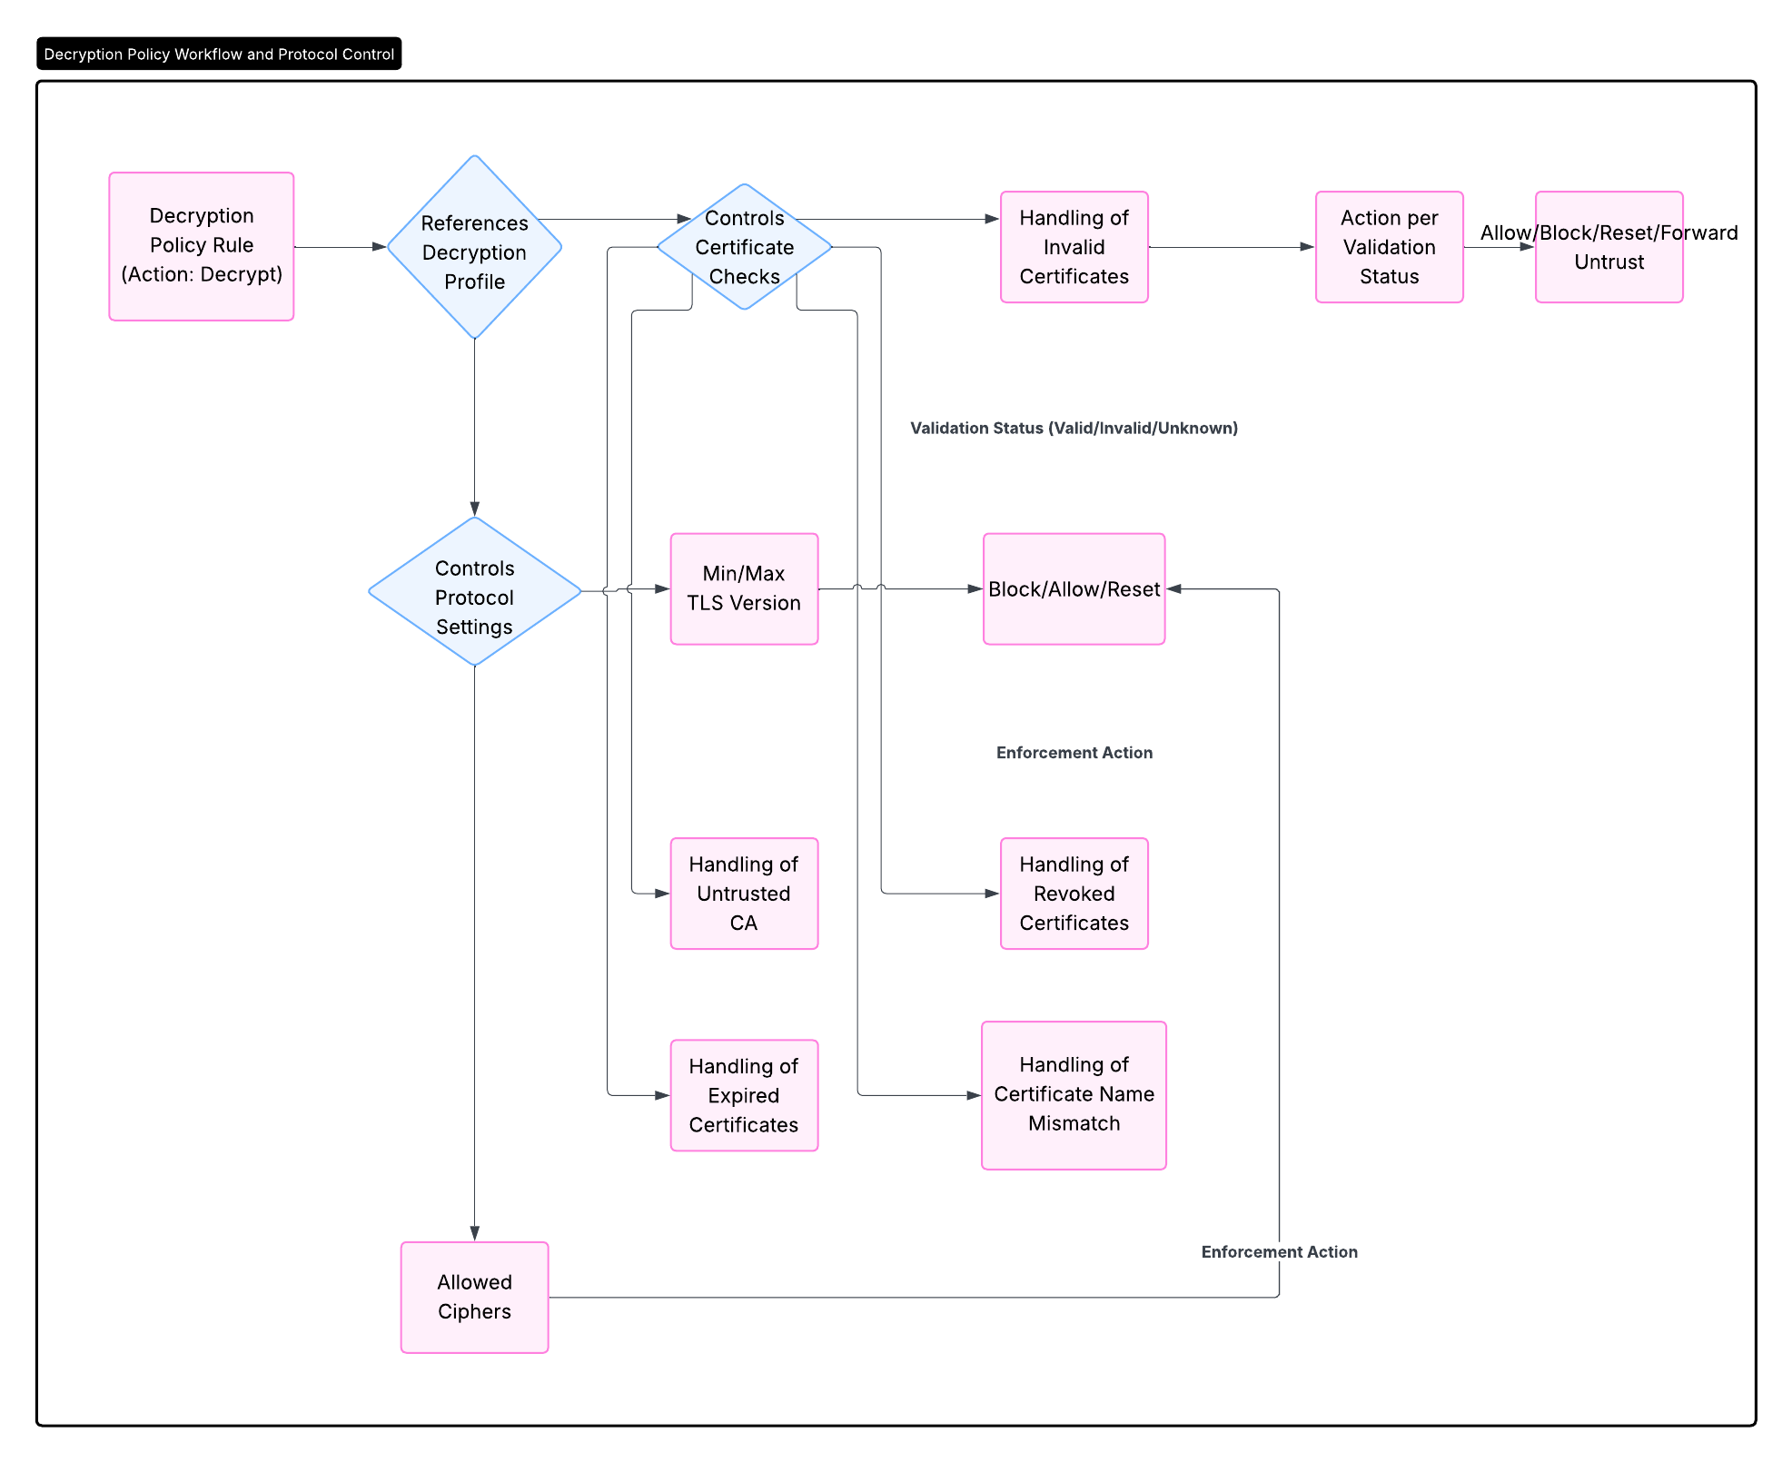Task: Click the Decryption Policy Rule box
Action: pyautogui.click(x=202, y=246)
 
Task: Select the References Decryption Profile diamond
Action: pyautogui.click(x=474, y=247)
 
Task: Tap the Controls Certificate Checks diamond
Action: pyautogui.click(x=744, y=247)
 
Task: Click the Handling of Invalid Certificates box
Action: pyautogui.click(x=1074, y=247)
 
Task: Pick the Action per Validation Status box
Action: pyautogui.click(x=1389, y=247)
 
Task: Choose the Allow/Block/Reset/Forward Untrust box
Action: pyautogui.click(x=1609, y=247)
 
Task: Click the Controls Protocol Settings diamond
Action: pyautogui.click(x=474, y=591)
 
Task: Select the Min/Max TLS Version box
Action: pyautogui.click(x=744, y=589)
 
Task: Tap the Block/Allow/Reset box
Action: pyautogui.click(x=1074, y=589)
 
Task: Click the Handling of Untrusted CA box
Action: pyautogui.click(x=744, y=894)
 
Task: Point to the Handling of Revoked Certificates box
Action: pyautogui.click(x=1074, y=894)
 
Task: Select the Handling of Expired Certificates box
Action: pyautogui.click(x=744, y=1095)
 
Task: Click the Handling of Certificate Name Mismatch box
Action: pyautogui.click(x=1074, y=1095)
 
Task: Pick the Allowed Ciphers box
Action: pyautogui.click(x=474, y=1298)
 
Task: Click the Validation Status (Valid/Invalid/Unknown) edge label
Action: pyautogui.click(x=1074, y=428)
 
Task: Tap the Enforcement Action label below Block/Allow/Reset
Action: pyautogui.click(x=1074, y=753)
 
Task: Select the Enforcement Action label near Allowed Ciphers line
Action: pyautogui.click(x=1279, y=1252)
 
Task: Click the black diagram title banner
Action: pyautogui.click(x=219, y=54)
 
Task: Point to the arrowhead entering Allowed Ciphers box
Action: pyautogui.click(x=474, y=1234)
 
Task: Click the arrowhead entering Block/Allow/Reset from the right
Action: pyautogui.click(x=1174, y=589)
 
